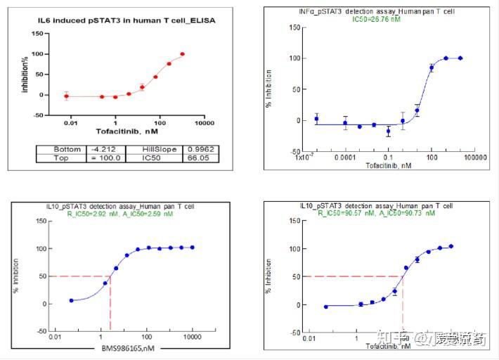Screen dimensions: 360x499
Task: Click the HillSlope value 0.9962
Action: point(196,149)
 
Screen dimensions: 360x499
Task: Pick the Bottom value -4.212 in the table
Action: point(105,149)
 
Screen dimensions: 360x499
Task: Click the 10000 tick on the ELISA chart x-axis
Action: point(205,123)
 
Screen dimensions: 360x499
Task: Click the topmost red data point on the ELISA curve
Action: point(182,53)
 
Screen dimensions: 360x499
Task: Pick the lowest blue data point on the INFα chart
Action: point(388,131)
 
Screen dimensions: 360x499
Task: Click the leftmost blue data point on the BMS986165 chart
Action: point(71,300)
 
